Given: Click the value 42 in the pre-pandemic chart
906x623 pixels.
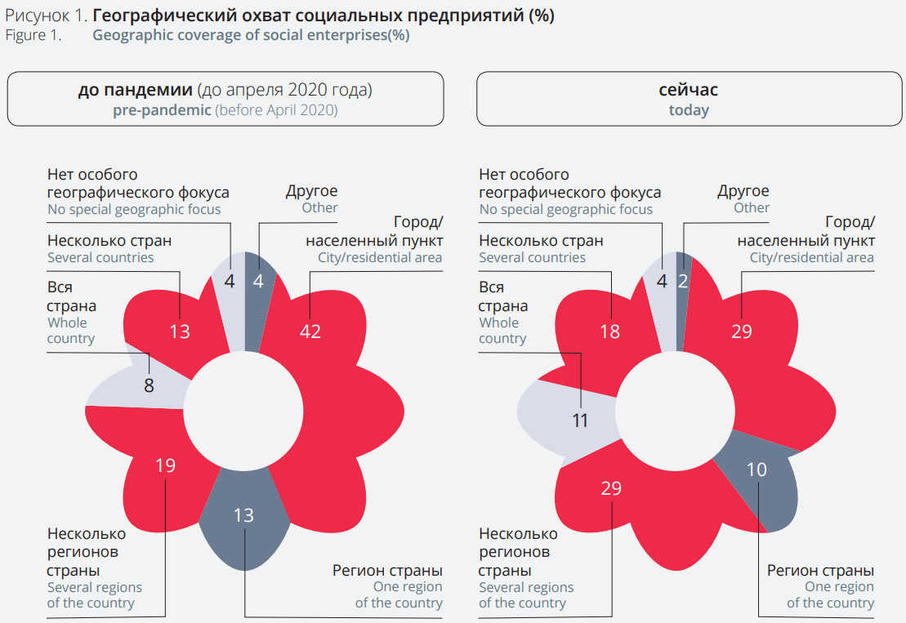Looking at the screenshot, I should pyautogui.click(x=310, y=332).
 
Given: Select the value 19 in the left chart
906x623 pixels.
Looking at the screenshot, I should pyautogui.click(x=165, y=466).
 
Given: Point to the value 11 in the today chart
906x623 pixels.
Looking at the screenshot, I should pyautogui.click(x=581, y=421).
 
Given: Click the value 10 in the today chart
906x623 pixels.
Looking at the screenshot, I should pyautogui.click(x=757, y=470).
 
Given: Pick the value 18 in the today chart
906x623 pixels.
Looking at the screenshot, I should pyautogui.click(x=609, y=332).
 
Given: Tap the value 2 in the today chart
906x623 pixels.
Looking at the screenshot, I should pyautogui.click(x=682, y=282).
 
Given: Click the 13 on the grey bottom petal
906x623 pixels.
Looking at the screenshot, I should pyautogui.click(x=243, y=515).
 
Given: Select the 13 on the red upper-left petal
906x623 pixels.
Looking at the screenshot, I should pyautogui.click(x=180, y=332).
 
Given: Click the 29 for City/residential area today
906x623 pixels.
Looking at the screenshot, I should pyautogui.click(x=742, y=332).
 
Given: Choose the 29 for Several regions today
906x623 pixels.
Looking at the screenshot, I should pyautogui.click(x=611, y=488).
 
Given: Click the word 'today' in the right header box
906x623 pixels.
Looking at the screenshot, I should pyautogui.click(x=689, y=110).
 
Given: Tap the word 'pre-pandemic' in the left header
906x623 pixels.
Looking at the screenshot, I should pyautogui.click(x=162, y=110).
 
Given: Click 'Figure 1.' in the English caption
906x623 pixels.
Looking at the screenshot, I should pyautogui.click(x=33, y=35).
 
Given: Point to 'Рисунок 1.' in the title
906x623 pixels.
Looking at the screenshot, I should pyautogui.click(x=47, y=16).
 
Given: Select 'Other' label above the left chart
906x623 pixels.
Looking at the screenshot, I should pyautogui.click(x=319, y=207).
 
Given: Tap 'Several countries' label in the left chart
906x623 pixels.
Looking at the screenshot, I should pyautogui.click(x=100, y=257).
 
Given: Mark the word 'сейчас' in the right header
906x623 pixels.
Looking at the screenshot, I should pyautogui.click(x=689, y=90).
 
